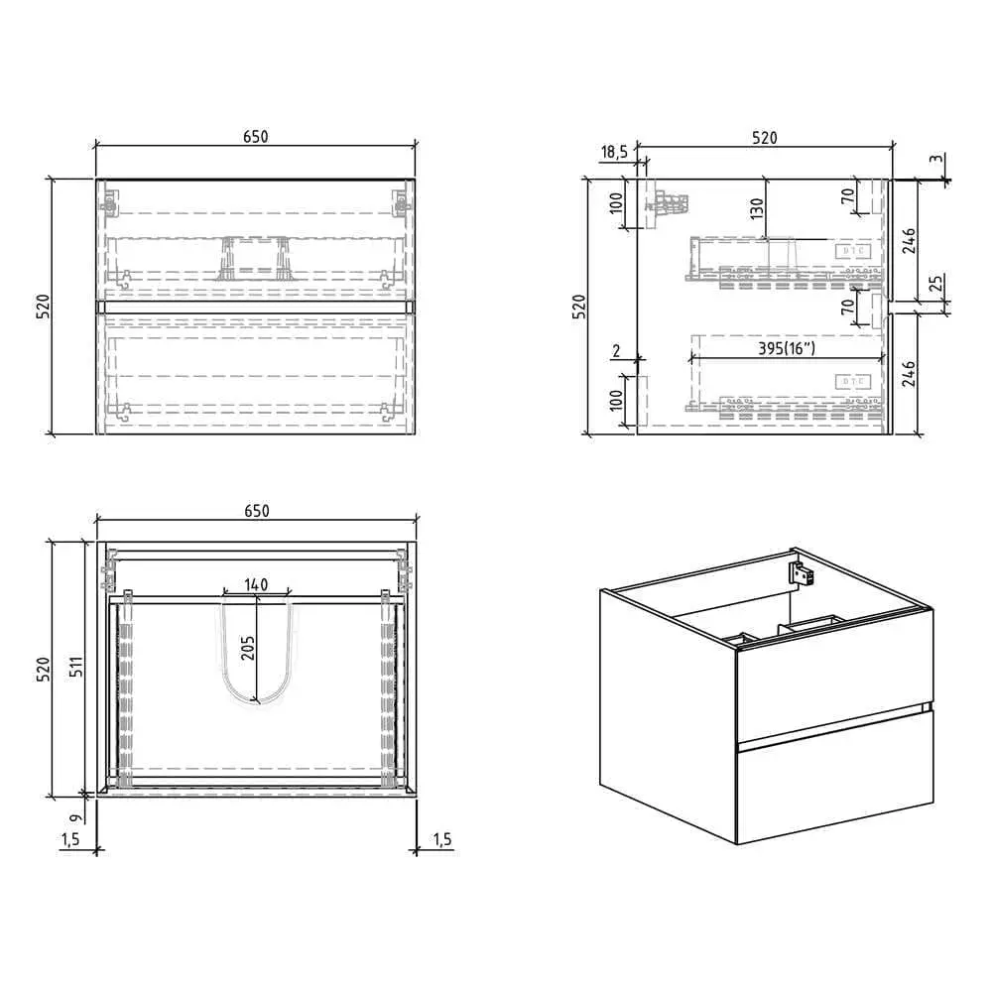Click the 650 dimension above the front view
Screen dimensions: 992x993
(x=255, y=137)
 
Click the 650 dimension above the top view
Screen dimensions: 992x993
(x=255, y=510)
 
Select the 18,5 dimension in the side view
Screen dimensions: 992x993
(x=614, y=151)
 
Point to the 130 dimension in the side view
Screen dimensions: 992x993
(x=757, y=208)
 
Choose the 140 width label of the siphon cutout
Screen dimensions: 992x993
(x=256, y=585)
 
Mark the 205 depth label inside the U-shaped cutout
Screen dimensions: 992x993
(x=248, y=648)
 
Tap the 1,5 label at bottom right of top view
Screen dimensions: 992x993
(x=441, y=839)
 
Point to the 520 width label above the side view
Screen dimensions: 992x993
(x=764, y=138)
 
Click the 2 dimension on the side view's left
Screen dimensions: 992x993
(x=616, y=351)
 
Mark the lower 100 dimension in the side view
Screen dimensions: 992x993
(x=614, y=402)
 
